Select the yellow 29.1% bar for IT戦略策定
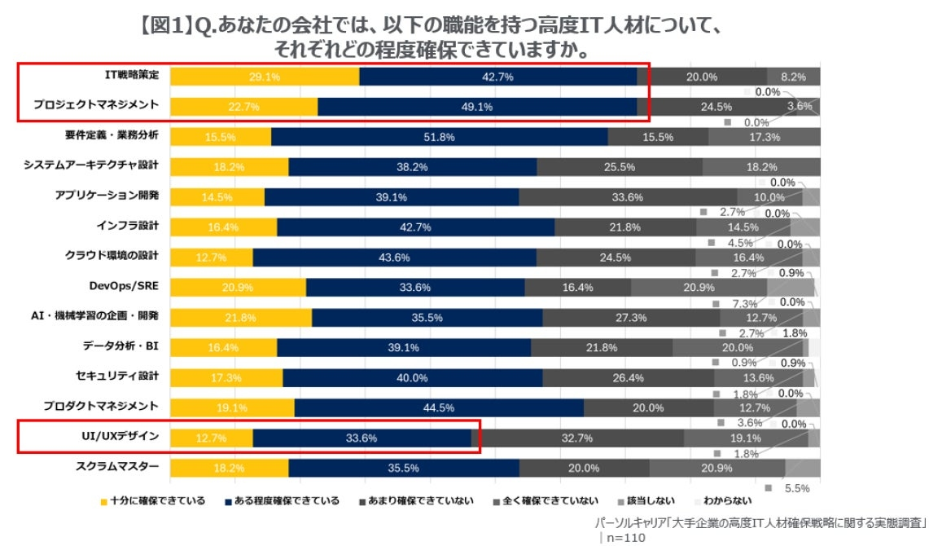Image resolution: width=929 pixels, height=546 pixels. (265, 77)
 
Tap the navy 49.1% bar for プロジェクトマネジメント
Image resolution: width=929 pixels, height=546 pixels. (477, 107)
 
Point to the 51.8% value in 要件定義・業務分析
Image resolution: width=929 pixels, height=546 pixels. (439, 137)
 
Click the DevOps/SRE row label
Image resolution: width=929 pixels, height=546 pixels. (123, 285)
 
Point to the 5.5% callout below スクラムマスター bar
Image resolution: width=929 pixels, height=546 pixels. (797, 488)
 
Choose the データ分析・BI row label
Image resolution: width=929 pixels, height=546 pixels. (121, 346)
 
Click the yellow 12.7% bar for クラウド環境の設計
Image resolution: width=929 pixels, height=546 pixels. (212, 258)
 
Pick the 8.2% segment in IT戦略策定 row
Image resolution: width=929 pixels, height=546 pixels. (793, 77)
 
